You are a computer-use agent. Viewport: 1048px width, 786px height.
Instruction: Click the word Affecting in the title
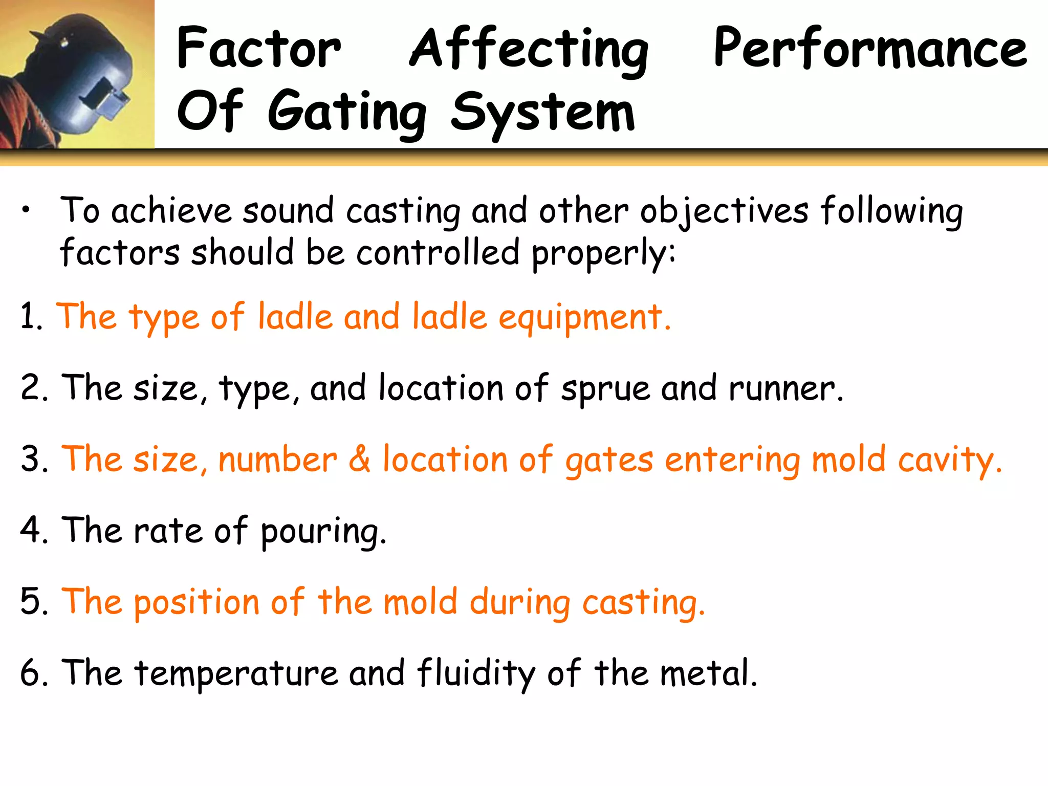click(x=529, y=49)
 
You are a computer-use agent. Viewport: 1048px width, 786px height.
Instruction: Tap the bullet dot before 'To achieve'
click(x=26, y=209)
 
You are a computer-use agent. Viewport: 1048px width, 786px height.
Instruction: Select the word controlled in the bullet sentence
click(x=438, y=253)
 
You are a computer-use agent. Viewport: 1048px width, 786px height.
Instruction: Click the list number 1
click(x=29, y=316)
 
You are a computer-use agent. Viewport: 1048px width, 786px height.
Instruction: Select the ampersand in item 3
click(x=360, y=459)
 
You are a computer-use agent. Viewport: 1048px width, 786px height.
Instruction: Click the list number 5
click(x=31, y=601)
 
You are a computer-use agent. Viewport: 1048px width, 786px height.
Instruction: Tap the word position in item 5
click(x=196, y=602)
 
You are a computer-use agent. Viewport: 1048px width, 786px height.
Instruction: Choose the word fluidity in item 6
click(x=476, y=673)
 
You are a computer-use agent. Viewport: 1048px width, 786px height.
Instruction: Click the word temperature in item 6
click(x=236, y=673)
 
